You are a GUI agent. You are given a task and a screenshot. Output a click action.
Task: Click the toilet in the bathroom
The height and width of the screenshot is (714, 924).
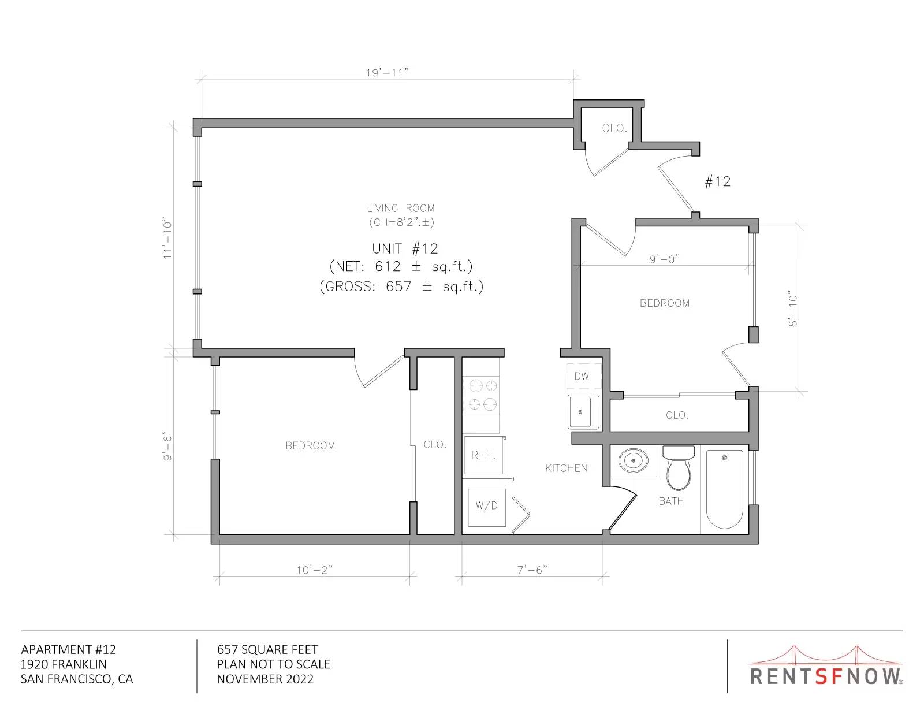pyautogui.click(x=678, y=467)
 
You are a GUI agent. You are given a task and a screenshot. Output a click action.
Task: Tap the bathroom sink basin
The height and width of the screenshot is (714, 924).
pyautogui.click(x=633, y=460)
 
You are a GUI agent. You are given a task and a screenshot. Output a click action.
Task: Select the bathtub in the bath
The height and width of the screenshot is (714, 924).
pyautogui.click(x=725, y=489)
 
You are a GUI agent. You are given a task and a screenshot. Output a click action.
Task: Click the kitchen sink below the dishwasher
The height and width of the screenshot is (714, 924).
pyautogui.click(x=583, y=412)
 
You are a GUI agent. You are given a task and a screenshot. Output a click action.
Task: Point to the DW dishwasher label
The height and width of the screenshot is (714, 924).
pyautogui.click(x=582, y=376)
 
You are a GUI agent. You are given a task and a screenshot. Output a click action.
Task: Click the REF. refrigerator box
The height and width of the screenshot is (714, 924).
pyautogui.click(x=484, y=455)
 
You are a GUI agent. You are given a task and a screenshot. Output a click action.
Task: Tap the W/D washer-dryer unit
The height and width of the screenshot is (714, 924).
pyautogui.click(x=486, y=507)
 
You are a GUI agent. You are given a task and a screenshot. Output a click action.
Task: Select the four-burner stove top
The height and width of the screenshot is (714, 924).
pyautogui.click(x=482, y=394)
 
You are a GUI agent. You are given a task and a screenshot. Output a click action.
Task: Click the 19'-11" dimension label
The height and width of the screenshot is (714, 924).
pyautogui.click(x=388, y=73)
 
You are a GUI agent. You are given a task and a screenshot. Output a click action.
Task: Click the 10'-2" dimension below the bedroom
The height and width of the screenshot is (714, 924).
pyautogui.click(x=315, y=570)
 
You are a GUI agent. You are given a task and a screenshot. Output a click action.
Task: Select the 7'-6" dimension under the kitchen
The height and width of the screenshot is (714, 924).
pyautogui.click(x=532, y=570)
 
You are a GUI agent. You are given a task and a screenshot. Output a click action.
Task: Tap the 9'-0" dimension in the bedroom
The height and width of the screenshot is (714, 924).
pyautogui.click(x=665, y=259)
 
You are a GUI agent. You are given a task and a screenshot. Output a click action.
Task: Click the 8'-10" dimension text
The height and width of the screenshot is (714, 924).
pyautogui.click(x=792, y=308)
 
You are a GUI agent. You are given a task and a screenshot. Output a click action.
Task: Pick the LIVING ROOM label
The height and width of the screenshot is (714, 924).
pyautogui.click(x=401, y=209)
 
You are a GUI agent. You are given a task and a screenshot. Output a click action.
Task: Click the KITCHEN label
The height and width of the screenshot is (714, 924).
pyautogui.click(x=567, y=468)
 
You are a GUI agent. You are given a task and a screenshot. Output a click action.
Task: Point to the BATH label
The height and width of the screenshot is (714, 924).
pyautogui.click(x=671, y=501)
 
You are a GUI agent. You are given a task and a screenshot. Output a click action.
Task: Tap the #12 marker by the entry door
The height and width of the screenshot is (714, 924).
pyautogui.click(x=718, y=182)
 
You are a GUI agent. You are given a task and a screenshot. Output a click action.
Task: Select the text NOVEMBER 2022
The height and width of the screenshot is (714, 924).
pyautogui.click(x=265, y=679)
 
